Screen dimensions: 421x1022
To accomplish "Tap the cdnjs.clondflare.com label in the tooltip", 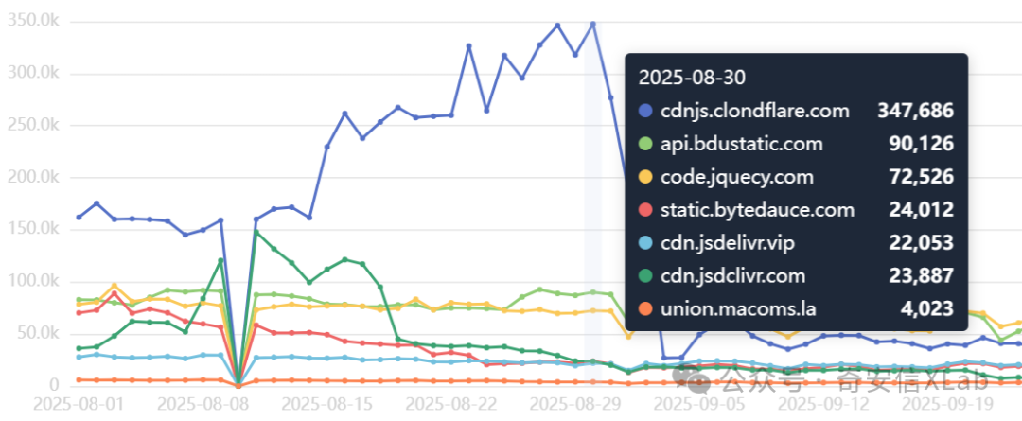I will (x=755, y=111).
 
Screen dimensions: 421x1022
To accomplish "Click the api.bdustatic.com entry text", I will (x=742, y=144).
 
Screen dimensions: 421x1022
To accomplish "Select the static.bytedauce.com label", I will (x=757, y=210).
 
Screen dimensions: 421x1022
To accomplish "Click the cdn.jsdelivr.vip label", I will (x=727, y=243).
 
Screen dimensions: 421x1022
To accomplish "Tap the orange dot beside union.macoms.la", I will (x=646, y=309).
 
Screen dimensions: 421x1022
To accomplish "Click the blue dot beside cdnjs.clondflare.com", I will (x=646, y=111).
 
